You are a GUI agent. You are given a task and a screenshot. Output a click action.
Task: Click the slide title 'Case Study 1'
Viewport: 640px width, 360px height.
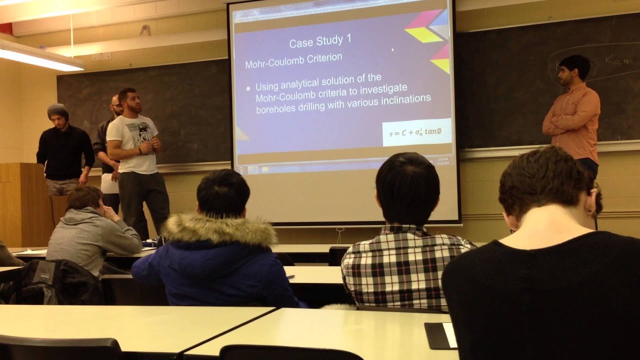click(x=320, y=41)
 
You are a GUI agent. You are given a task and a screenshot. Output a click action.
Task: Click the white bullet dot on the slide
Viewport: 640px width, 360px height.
click(x=248, y=88)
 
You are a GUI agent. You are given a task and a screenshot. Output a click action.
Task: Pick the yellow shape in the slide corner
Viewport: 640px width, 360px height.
click(x=423, y=34)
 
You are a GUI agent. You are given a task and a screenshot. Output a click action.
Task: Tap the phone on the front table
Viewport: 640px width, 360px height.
click(x=442, y=335)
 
